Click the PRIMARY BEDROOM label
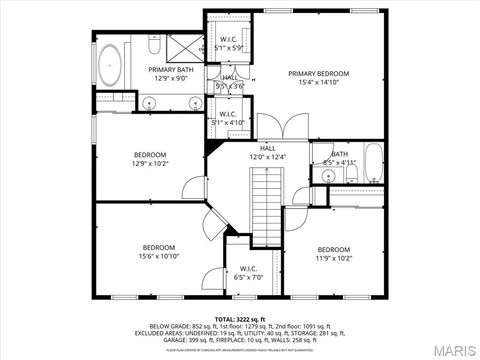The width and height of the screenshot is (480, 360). coord(319,74)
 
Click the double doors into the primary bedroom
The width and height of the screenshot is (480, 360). coord(286,127)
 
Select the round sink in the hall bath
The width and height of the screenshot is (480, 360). coord(326,175)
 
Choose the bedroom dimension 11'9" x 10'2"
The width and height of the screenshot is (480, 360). coord(334,258)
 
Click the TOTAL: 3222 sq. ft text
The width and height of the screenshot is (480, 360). coord(240,317)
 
